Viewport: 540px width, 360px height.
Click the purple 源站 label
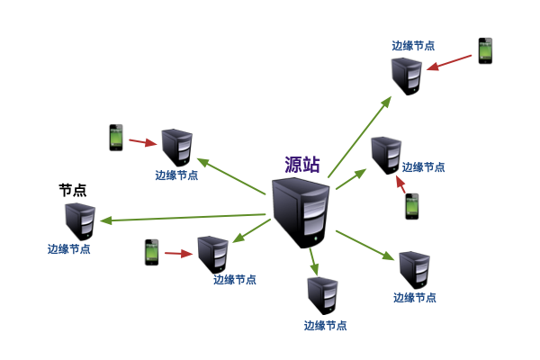(x=302, y=165)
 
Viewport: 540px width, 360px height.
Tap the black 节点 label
(x=73, y=190)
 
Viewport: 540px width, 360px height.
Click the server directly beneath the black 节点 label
(x=80, y=220)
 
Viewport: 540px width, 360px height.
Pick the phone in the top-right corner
(x=485, y=51)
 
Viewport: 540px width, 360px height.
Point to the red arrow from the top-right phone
(x=450, y=62)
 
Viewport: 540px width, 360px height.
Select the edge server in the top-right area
(x=406, y=76)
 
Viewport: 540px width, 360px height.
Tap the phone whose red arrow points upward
(x=411, y=207)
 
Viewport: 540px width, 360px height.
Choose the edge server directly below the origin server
(x=322, y=296)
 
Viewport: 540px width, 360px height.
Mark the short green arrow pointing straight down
(x=312, y=262)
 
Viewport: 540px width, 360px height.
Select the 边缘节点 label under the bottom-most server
(x=325, y=326)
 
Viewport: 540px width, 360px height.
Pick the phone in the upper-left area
(x=116, y=137)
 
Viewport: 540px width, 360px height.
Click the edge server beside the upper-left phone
(x=175, y=147)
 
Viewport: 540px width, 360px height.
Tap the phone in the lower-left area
(x=152, y=252)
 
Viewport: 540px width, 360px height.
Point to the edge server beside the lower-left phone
(x=212, y=254)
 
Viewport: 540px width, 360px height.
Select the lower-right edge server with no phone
(x=415, y=269)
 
